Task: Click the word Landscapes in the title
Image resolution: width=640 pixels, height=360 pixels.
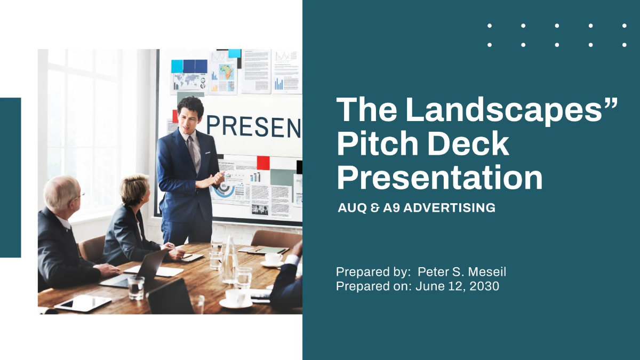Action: point(511,110)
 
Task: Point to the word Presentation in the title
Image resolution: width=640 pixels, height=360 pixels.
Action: point(439,178)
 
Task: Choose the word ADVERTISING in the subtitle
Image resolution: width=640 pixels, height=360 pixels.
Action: point(449,208)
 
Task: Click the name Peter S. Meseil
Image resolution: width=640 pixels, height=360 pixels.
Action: point(462,272)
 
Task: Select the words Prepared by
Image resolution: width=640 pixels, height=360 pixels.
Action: point(373,272)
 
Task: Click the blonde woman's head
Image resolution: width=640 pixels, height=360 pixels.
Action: point(134,187)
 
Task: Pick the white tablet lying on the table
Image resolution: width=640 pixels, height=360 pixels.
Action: point(82,303)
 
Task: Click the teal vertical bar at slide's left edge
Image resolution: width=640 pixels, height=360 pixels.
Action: point(10,177)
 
